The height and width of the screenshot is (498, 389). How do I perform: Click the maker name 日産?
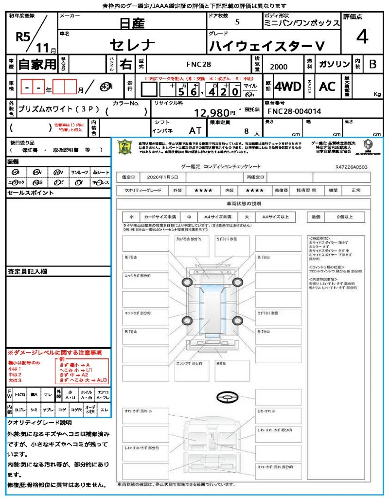click(x=132, y=22)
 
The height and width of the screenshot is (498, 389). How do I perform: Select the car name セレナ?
click(x=132, y=45)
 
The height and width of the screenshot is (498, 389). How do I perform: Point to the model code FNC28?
click(x=199, y=64)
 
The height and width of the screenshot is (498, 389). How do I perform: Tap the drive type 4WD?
click(x=287, y=87)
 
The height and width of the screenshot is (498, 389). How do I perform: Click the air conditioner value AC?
click(x=327, y=87)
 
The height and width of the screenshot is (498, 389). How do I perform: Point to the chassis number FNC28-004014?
click(x=294, y=111)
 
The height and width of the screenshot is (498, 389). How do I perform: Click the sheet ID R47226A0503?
click(x=351, y=167)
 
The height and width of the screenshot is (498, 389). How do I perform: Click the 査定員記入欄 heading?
click(x=27, y=271)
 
